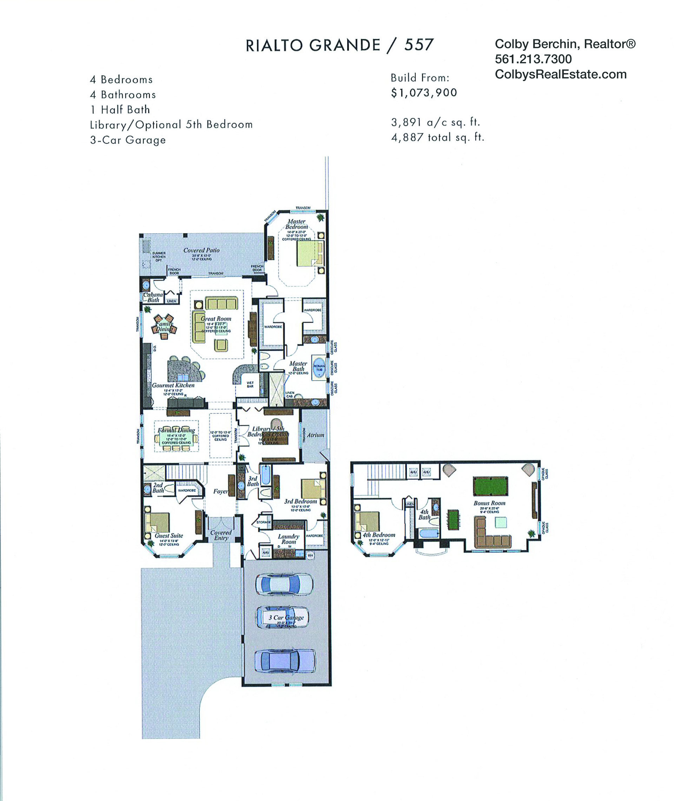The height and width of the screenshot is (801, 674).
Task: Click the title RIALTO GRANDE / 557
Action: click(339, 46)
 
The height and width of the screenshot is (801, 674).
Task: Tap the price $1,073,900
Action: click(424, 93)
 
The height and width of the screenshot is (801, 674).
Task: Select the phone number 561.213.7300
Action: click(533, 59)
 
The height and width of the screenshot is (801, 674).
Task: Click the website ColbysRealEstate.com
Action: click(561, 74)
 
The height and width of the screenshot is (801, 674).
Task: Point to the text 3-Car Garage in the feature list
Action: click(128, 140)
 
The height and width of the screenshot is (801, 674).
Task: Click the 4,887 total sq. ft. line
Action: click(437, 137)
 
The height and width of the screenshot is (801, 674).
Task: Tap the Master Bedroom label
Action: click(297, 224)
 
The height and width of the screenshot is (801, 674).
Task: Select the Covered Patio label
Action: click(201, 250)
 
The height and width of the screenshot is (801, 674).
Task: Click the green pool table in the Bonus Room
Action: click(490, 486)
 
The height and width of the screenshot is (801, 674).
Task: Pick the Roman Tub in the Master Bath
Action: click(319, 367)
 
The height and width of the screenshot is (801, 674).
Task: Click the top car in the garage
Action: click(284, 584)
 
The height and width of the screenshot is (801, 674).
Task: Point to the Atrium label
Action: click(315, 435)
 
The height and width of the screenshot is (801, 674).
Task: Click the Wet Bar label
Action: click(250, 384)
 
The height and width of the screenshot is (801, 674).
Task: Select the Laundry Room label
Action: click(289, 539)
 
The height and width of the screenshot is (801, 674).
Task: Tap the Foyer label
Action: click(220, 491)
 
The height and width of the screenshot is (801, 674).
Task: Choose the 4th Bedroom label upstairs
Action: click(379, 535)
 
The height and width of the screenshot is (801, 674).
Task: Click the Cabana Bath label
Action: click(153, 297)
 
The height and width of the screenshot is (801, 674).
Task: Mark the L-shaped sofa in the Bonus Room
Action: click(491, 536)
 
